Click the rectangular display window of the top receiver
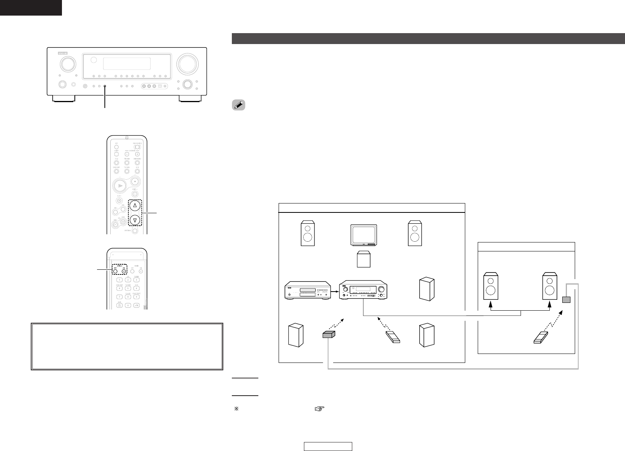pos(127,64)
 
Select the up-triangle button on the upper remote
pos(135,205)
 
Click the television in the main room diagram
pos(364,235)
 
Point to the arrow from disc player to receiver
pos(335,290)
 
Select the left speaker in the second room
pos(491,286)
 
